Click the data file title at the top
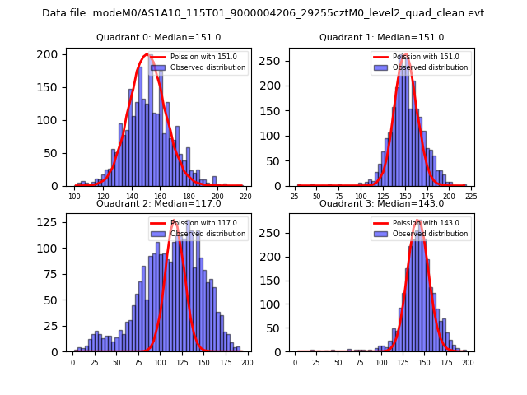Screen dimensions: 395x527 [x=263, y=13]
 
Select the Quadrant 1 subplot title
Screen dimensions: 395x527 [x=381, y=38]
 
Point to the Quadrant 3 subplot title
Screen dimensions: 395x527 [x=381, y=203]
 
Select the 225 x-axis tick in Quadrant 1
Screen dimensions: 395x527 [x=471, y=196]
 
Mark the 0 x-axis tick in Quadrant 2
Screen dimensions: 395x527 [x=72, y=361]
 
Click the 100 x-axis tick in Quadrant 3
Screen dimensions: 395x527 [x=381, y=361]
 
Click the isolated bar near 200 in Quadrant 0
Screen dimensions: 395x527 [x=214, y=181]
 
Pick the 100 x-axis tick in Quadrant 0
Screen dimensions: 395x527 [x=75, y=196]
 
